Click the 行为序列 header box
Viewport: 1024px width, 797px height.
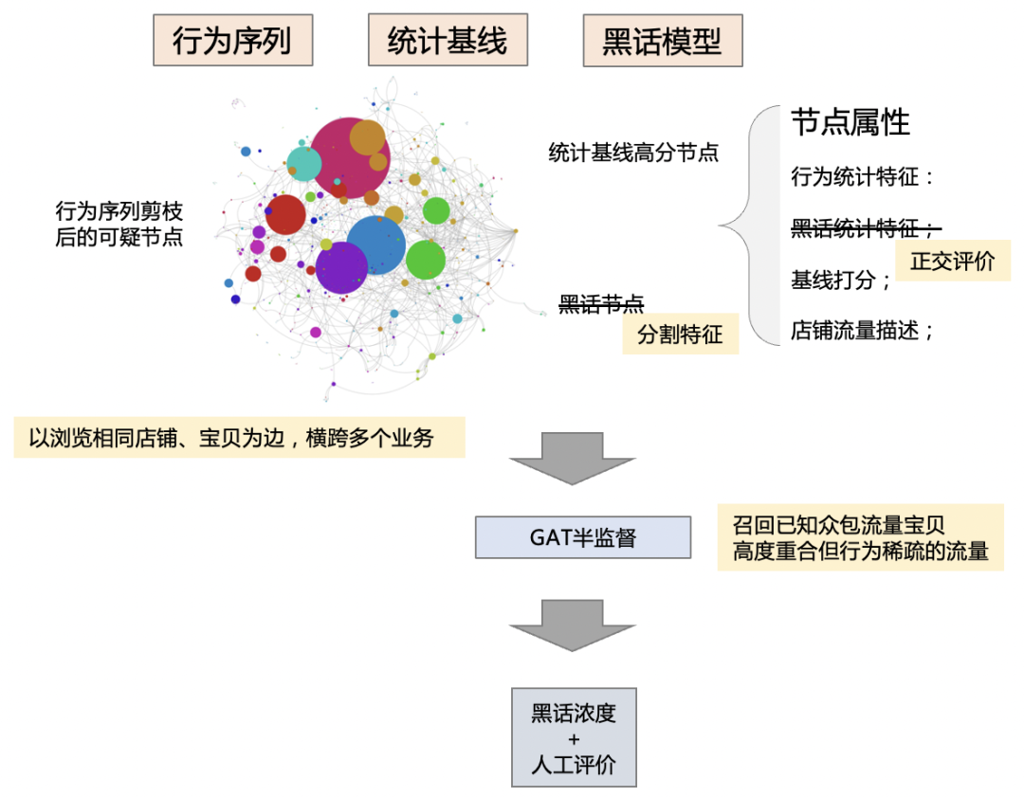232,41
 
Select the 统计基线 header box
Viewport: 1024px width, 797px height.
448,40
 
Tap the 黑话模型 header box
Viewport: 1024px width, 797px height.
662,41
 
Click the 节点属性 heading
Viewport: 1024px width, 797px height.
850,122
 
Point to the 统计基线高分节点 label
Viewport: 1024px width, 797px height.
633,152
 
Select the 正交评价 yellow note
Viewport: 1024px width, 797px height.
952,262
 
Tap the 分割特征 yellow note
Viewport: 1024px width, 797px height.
680,335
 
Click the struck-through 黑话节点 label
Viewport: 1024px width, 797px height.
601,304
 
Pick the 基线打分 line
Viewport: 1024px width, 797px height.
840,281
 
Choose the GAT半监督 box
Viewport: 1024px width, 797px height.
582,537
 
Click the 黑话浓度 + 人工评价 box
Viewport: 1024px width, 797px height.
574,738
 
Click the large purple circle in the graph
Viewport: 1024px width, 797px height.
341,267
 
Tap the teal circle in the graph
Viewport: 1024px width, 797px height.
304,163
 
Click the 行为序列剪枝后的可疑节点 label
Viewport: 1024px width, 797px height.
119,225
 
